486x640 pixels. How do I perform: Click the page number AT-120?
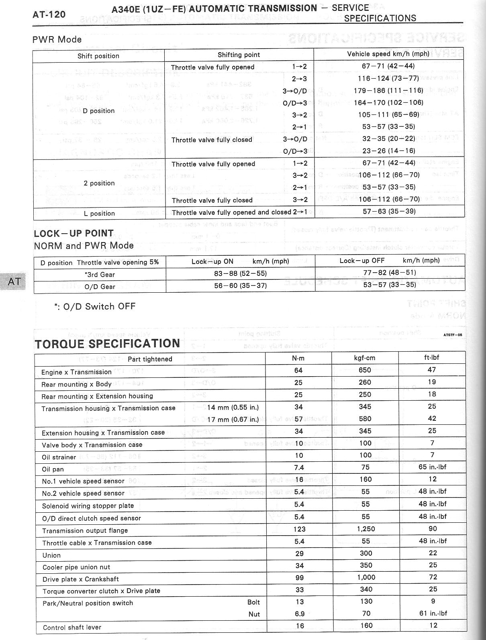49,15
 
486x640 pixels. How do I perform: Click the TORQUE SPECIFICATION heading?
107,344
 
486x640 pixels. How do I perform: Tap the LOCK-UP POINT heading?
74,233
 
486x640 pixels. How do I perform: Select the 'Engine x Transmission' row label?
76,372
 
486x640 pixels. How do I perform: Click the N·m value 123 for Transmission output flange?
299,529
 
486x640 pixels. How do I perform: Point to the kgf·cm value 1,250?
366,529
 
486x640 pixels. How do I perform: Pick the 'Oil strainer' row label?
59,457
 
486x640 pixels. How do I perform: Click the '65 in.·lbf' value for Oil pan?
432,467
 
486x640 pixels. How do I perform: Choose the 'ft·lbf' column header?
432,357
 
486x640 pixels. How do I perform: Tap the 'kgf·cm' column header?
365,358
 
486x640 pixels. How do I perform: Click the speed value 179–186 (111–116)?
388,91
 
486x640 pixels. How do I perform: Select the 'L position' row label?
99,214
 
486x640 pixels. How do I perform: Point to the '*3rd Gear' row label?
100,275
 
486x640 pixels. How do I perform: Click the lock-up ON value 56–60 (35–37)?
240,285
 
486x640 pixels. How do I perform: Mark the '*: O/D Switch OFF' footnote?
95,306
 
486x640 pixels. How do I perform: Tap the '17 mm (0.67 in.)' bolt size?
233,420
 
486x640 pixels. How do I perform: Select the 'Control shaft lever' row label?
72,628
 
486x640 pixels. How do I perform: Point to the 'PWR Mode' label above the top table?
57,39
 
